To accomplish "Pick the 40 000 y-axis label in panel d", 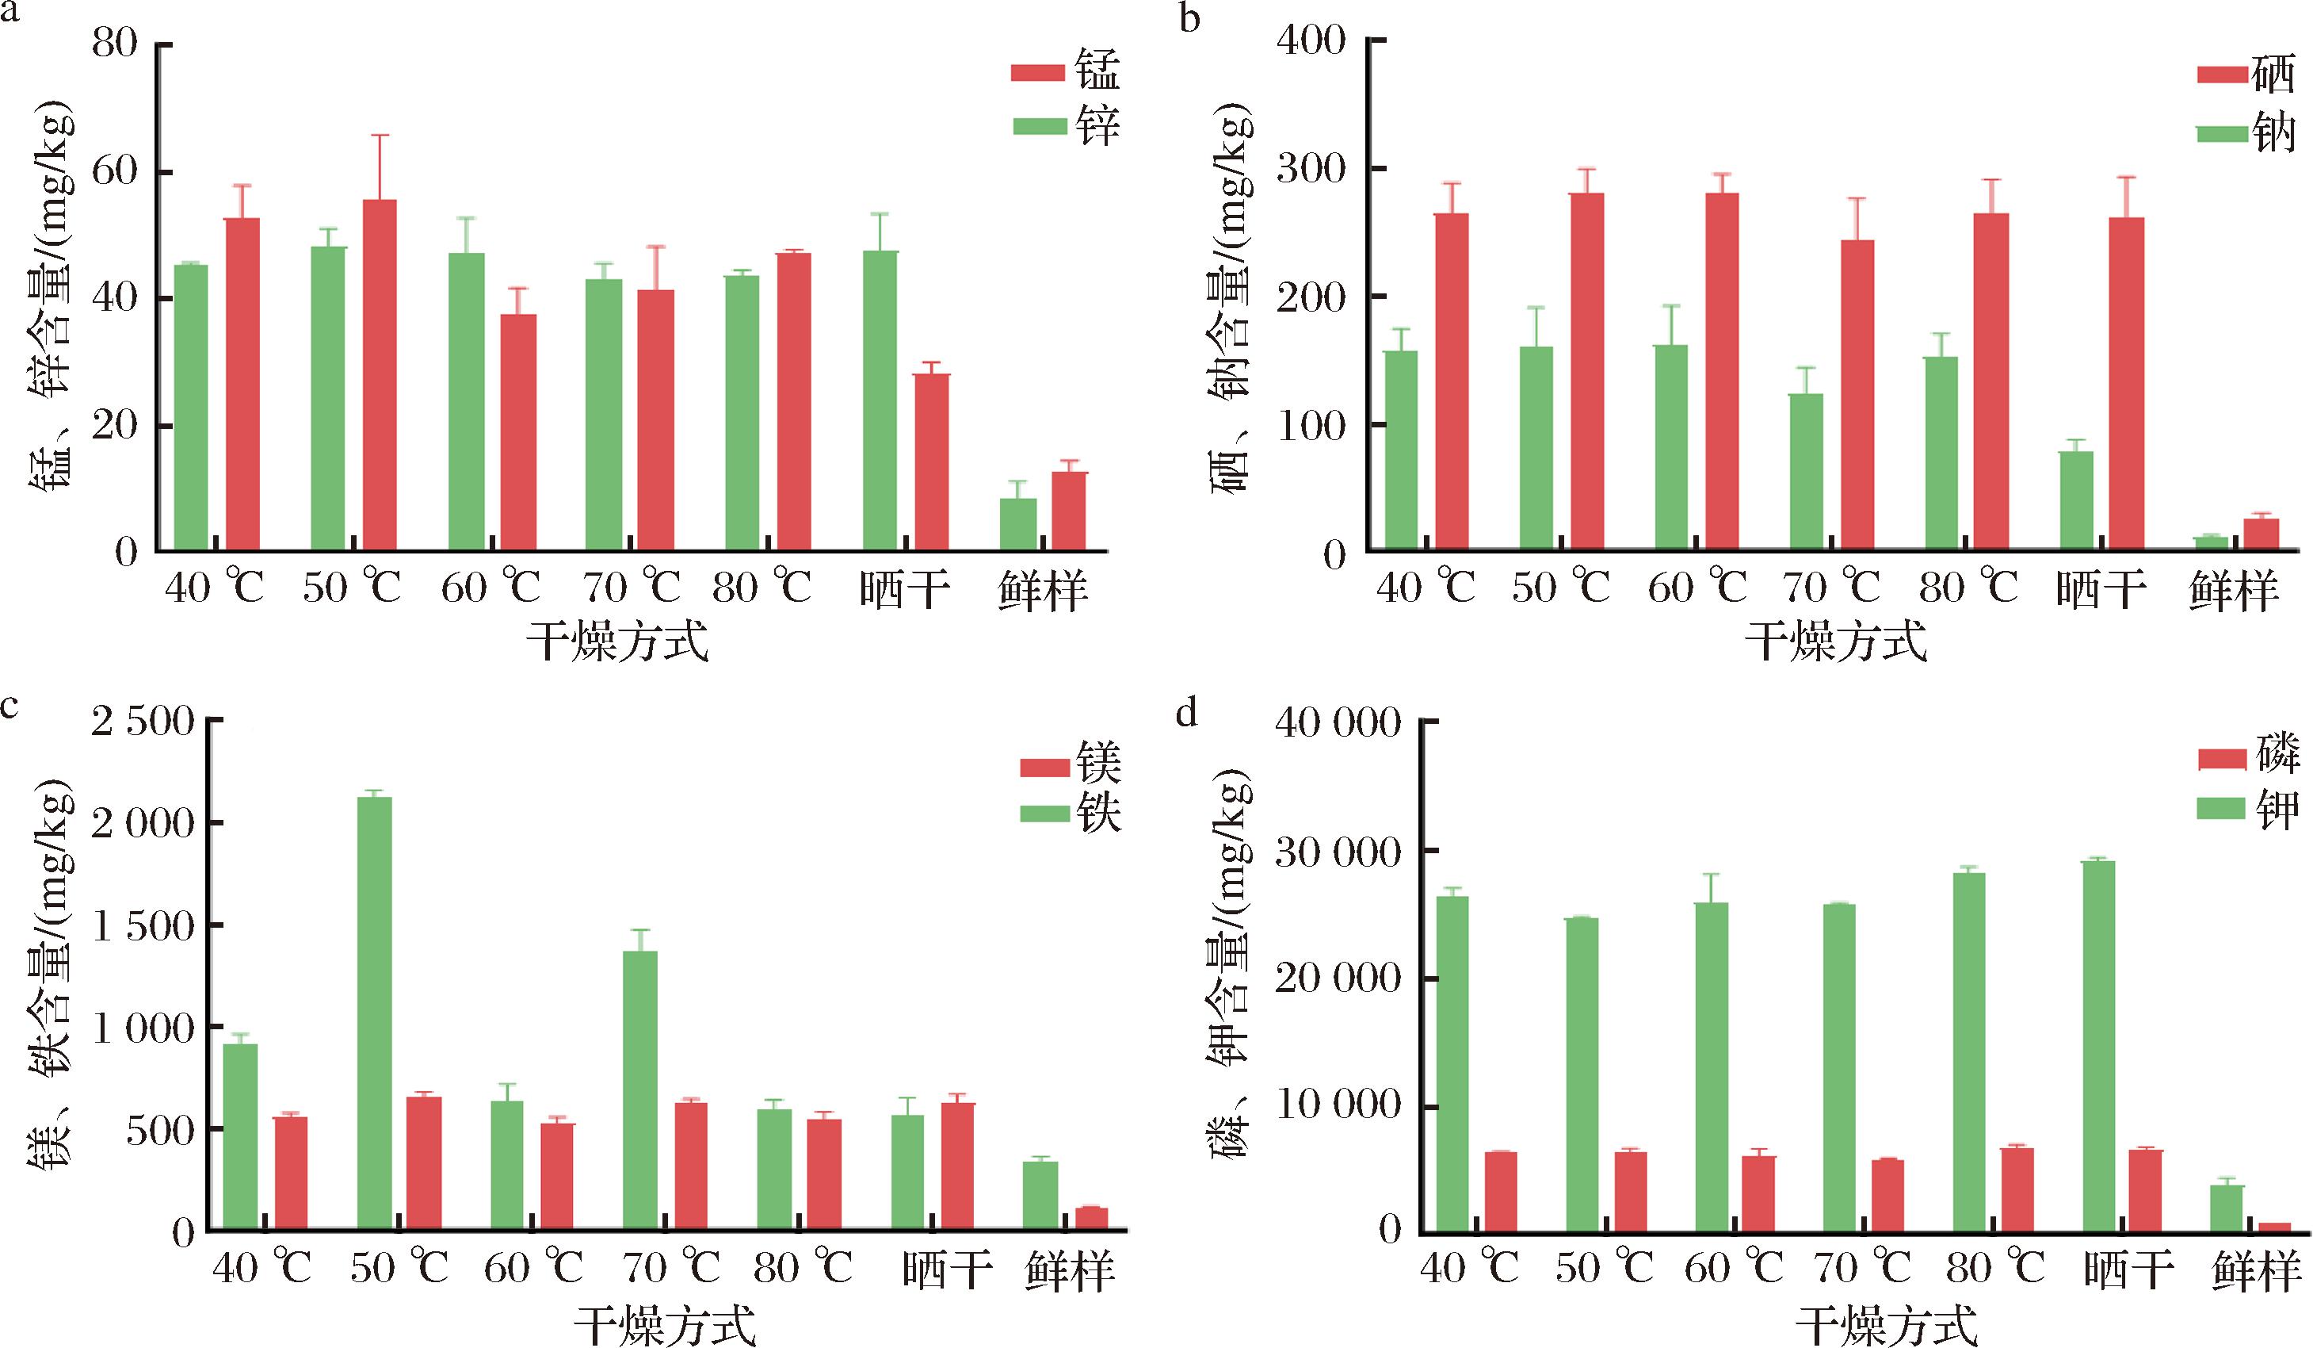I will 1338,725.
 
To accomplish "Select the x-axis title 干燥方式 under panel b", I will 1835,641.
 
